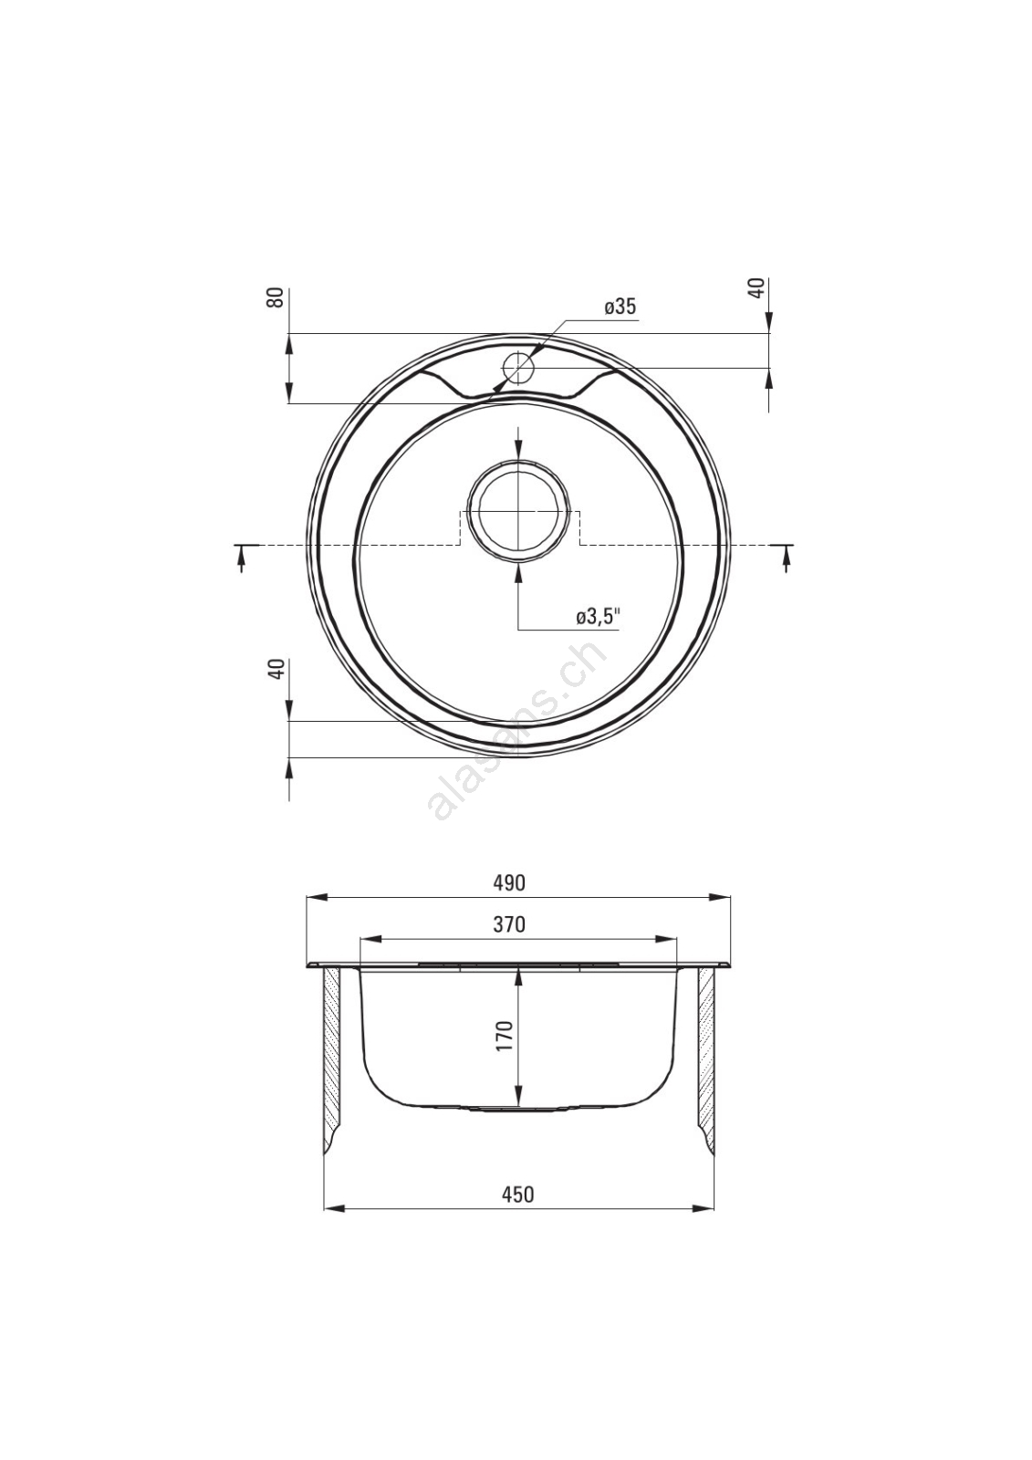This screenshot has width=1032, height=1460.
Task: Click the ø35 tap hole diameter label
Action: [620, 307]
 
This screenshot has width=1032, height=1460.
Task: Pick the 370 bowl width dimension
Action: [509, 924]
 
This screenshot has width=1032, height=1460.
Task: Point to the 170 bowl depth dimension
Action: [505, 1035]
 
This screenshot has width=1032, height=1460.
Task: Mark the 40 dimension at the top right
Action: [756, 288]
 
